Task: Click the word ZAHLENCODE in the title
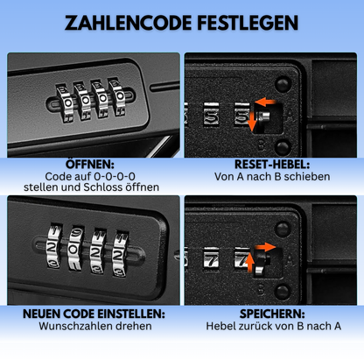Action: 128,23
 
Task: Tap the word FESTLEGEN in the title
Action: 248,23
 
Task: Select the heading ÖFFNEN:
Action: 90,164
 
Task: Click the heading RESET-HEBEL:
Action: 272,165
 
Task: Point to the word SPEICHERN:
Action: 272,314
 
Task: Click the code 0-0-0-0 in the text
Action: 115,176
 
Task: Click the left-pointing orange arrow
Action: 265,102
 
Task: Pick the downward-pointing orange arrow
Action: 252,121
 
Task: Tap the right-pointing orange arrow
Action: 265,247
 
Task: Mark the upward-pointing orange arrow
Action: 249,262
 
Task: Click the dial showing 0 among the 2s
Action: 75,249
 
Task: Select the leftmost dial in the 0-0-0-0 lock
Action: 66,102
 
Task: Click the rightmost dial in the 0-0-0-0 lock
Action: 118,96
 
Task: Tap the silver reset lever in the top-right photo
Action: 263,117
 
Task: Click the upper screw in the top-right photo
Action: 283,84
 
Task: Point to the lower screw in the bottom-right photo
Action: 282,292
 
